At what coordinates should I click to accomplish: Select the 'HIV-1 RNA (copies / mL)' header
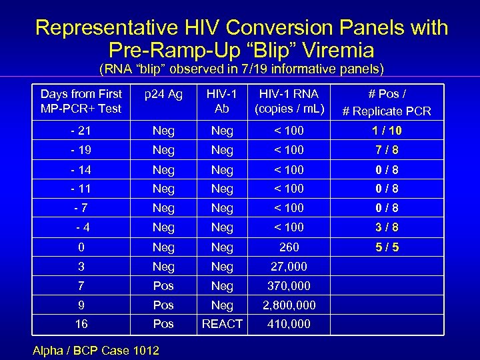[x=289, y=101]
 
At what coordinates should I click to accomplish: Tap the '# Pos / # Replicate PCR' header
[x=387, y=103]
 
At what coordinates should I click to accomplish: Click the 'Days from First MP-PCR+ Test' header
[x=81, y=101]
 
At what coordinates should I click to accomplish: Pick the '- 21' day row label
[x=81, y=131]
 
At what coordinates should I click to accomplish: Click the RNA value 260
[x=289, y=247]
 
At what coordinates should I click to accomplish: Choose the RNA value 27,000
[x=289, y=267]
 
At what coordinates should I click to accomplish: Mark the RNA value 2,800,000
[x=289, y=305]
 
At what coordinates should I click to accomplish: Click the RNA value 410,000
[x=289, y=324]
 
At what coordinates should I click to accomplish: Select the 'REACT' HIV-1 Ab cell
[x=222, y=324]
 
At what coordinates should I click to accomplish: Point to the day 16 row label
[x=81, y=324]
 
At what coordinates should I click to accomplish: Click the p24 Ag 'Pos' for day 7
[x=163, y=286]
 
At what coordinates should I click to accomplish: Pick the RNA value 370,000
[x=289, y=286]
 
